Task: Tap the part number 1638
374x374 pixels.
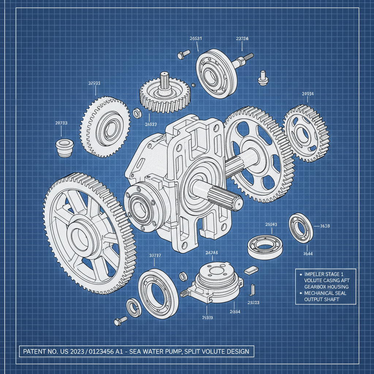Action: [x=325, y=226]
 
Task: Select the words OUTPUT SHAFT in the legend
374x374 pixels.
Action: [x=322, y=299]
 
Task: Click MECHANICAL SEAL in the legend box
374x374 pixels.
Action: [x=325, y=293]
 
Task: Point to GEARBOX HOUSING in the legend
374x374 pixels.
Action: [x=326, y=287]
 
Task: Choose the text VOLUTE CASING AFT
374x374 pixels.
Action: [x=327, y=280]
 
